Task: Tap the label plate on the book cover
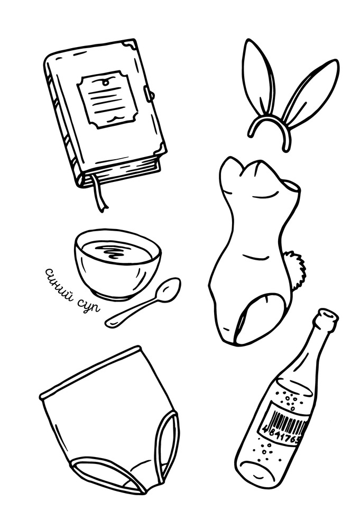point(108,99)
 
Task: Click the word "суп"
point(89,305)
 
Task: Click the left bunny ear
point(260,76)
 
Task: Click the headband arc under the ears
point(270,128)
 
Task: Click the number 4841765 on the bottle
point(281,435)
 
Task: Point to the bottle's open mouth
point(327,314)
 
